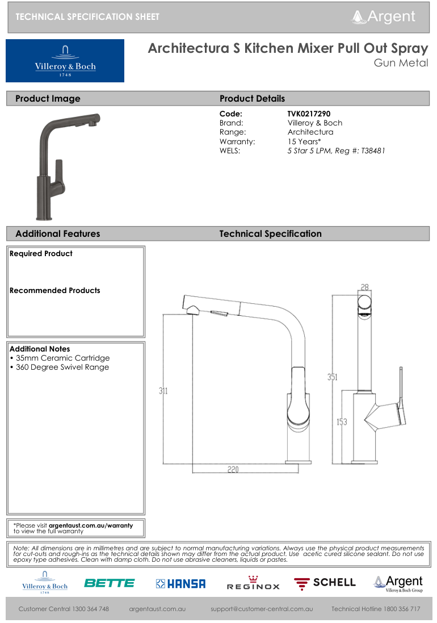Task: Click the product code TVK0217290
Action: click(x=309, y=114)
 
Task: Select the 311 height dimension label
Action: click(x=163, y=391)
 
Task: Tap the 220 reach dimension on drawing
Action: click(x=233, y=469)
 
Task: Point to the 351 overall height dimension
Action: click(x=333, y=377)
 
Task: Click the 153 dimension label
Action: click(x=342, y=422)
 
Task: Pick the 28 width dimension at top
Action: click(x=365, y=288)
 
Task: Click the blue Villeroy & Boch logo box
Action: click(x=65, y=61)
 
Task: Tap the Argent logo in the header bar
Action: click(x=384, y=17)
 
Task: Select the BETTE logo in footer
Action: click(x=109, y=583)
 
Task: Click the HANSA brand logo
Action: click(x=180, y=583)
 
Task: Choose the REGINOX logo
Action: click(x=253, y=584)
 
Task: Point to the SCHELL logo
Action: click(x=325, y=583)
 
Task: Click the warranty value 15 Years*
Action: click(x=304, y=141)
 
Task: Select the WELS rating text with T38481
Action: click(x=336, y=150)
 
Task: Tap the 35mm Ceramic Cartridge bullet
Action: click(x=60, y=358)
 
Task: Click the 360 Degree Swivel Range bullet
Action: click(x=59, y=367)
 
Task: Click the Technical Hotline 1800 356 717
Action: click(x=376, y=609)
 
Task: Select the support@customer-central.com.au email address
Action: click(x=262, y=609)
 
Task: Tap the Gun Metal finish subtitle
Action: click(x=401, y=63)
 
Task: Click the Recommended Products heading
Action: click(x=54, y=290)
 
